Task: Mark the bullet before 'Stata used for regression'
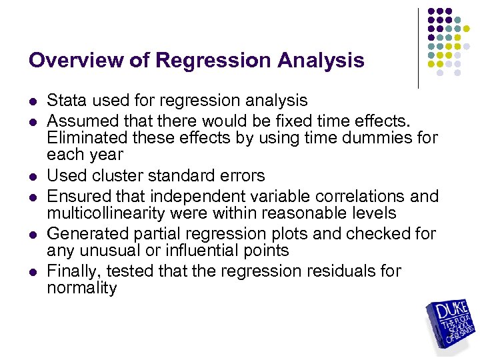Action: click(x=32, y=102)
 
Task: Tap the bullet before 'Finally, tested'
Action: click(x=32, y=273)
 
